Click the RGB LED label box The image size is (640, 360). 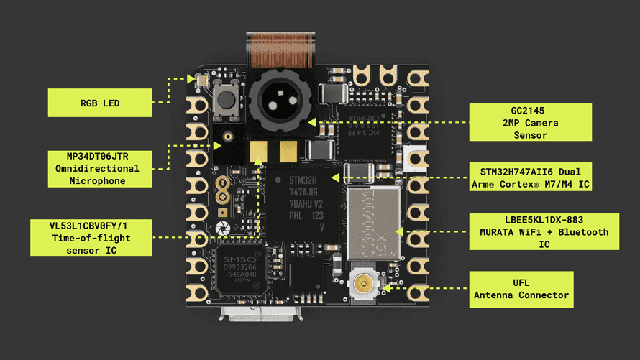[100, 103]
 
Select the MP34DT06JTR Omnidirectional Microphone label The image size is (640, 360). [100, 168]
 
